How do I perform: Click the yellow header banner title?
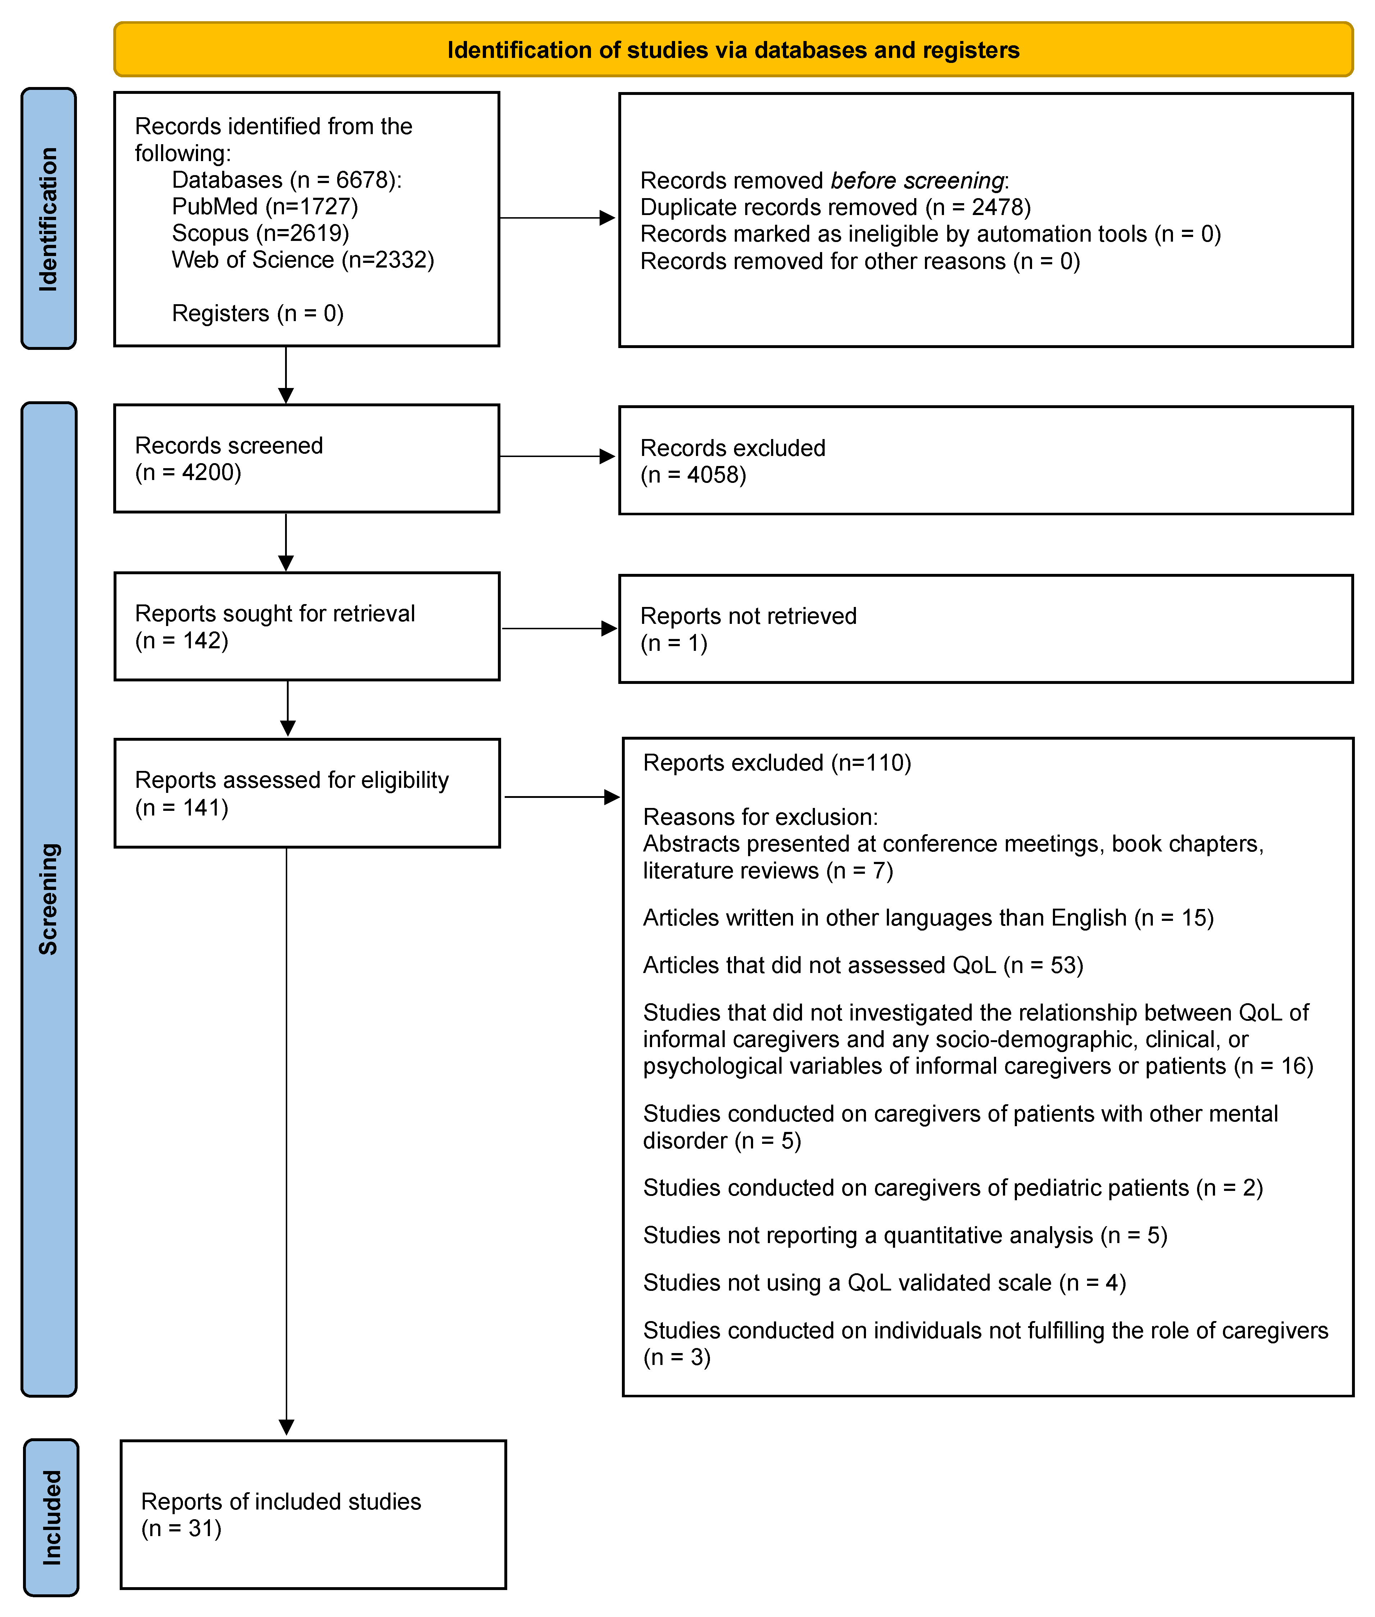[733, 50]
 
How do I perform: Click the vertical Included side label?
[51, 1517]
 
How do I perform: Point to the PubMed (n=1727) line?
[265, 207]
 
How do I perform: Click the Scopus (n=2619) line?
[260, 233]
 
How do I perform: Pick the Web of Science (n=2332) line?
[302, 260]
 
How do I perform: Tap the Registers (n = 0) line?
[257, 314]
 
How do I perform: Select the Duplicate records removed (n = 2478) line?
[835, 207]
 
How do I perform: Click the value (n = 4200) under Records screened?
[188, 472]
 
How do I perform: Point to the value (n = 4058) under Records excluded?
[693, 475]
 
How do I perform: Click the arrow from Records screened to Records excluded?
[557, 456]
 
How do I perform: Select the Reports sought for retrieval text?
[274, 613]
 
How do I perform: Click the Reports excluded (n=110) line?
[776, 763]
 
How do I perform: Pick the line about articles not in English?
[927, 918]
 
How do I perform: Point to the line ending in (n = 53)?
[863, 965]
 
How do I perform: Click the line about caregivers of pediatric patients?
[953, 1187]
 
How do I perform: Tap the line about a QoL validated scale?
[884, 1283]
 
